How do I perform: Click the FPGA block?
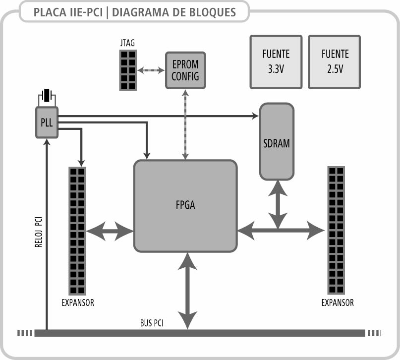[x=185, y=205]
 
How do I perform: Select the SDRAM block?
[x=277, y=142]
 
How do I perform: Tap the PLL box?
[x=47, y=122]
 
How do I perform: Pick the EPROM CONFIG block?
[x=186, y=70]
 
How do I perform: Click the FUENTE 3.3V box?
[x=276, y=61]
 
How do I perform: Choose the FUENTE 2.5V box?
[x=335, y=61]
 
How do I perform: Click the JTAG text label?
[x=127, y=44]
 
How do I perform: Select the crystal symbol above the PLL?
[x=47, y=95]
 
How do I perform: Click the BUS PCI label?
[x=152, y=323]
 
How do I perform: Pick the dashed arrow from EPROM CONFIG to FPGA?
[x=186, y=124]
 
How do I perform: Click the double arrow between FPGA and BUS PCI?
[x=187, y=290]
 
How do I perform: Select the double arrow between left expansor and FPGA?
[x=110, y=231]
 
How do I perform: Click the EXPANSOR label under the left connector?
[x=77, y=302]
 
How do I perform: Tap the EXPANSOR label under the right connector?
[x=338, y=302]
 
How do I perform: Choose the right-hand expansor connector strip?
[x=336, y=230]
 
